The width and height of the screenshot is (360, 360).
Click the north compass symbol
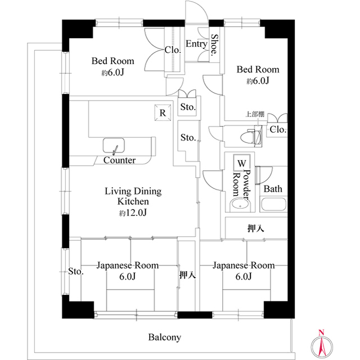tap(322, 343)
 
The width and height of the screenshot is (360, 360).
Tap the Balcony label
tap(164, 337)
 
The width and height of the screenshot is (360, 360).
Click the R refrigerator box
tap(162, 112)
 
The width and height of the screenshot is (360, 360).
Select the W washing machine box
tap(241, 163)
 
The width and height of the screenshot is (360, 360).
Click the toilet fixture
tap(251, 136)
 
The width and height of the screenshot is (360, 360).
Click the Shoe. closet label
tap(214, 46)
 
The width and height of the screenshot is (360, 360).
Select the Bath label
tap(273, 189)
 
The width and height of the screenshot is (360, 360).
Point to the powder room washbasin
tap(241, 205)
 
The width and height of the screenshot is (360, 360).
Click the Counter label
tap(119, 160)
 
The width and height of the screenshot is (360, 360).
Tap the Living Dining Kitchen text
tap(133, 196)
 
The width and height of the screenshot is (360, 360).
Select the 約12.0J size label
tap(133, 213)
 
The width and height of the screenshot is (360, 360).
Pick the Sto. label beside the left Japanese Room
tap(76, 272)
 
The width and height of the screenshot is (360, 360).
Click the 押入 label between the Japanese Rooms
tap(187, 276)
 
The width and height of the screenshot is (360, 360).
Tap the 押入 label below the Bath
tap(256, 229)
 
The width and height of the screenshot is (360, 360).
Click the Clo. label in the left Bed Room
tap(173, 49)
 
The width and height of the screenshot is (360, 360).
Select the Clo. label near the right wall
tap(277, 130)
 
